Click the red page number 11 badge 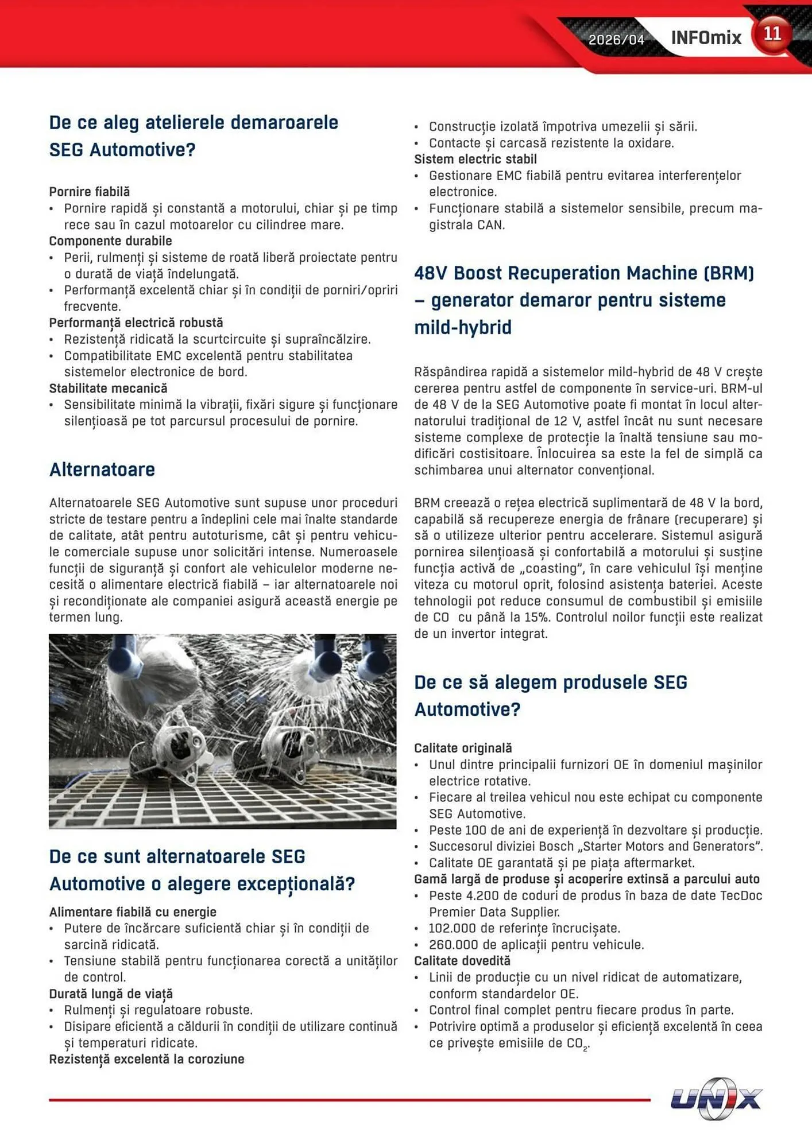click(x=772, y=34)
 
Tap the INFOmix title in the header click(x=706, y=38)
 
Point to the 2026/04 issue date click(x=616, y=40)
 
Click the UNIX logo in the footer click(x=716, y=1099)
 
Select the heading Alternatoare click(x=102, y=470)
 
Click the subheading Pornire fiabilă click(x=90, y=192)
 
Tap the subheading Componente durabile click(x=110, y=241)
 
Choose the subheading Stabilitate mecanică click(x=108, y=389)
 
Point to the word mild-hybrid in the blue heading click(x=463, y=328)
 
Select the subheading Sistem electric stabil click(x=475, y=160)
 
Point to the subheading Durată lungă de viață click(x=111, y=994)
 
